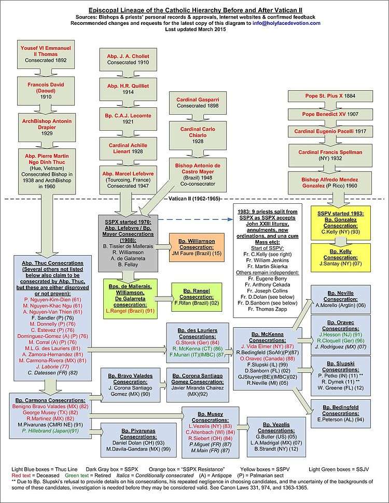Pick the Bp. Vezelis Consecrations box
pos(273,430)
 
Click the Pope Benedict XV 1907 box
pos(333,114)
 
